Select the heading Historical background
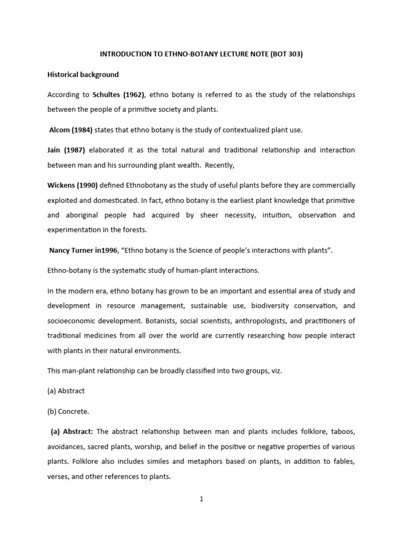pos(83,74)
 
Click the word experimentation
pos(77,230)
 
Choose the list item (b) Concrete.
pos(68,411)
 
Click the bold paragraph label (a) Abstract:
pos(72,432)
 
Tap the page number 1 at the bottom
pos(201,499)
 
